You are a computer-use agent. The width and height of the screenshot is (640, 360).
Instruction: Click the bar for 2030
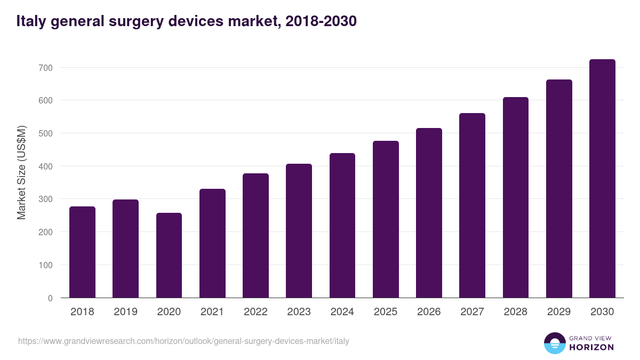pyautogui.click(x=602, y=179)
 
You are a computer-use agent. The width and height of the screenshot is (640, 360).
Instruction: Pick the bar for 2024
pyautogui.click(x=342, y=225)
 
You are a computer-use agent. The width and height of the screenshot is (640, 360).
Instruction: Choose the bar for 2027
pyautogui.click(x=472, y=205)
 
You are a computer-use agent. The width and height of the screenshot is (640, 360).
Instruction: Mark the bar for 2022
pyautogui.click(x=255, y=235)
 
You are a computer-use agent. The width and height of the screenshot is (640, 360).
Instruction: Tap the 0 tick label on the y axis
pyautogui.click(x=51, y=298)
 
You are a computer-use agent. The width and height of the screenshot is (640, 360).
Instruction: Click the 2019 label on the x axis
pyautogui.click(x=125, y=312)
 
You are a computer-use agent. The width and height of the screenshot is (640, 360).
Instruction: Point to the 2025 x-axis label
pyautogui.click(x=386, y=312)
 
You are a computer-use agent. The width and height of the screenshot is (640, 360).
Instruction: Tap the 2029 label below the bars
pyautogui.click(x=559, y=312)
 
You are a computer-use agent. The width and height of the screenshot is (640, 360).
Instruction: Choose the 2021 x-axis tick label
pyautogui.click(x=212, y=312)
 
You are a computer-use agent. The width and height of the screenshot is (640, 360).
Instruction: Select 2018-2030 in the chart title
pyautogui.click(x=321, y=21)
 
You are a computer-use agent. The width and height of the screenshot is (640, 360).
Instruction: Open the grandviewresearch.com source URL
pyautogui.click(x=183, y=341)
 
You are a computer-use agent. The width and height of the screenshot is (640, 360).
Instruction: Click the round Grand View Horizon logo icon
pyautogui.click(x=555, y=343)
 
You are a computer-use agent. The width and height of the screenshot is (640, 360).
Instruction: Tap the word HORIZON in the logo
pyautogui.click(x=591, y=347)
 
